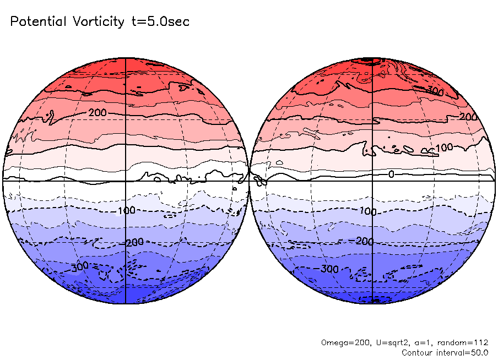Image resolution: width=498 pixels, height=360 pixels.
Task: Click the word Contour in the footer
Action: (418, 352)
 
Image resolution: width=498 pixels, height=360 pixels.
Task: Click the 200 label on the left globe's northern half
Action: (97, 112)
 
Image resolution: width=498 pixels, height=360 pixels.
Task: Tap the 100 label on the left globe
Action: (127, 211)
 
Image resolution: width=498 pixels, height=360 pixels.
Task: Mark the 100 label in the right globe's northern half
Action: (444, 149)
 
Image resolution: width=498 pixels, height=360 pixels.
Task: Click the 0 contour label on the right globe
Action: (391, 174)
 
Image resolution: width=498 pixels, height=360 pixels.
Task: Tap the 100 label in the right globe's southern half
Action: (367, 211)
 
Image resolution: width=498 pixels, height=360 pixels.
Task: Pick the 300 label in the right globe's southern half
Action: (329, 269)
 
